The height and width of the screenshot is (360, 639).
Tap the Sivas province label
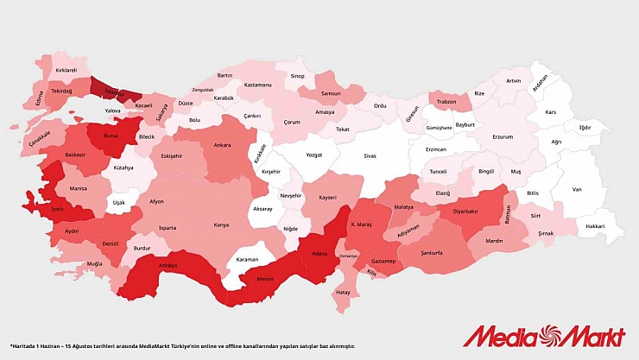pyautogui.click(x=370, y=156)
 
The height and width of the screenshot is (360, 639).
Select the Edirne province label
pyautogui.click(x=40, y=95)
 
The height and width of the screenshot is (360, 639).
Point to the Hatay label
pyautogui.click(x=342, y=293)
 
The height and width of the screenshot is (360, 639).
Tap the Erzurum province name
pyautogui.click(x=503, y=136)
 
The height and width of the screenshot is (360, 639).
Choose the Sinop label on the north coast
pyautogui.click(x=297, y=76)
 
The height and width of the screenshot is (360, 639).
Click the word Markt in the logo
pyautogui.click(x=589, y=333)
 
